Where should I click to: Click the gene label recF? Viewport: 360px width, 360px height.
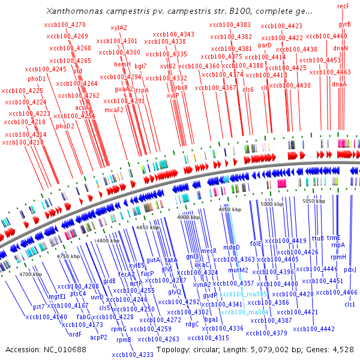tap(343, 5)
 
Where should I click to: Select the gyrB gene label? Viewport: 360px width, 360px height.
tap(344, 23)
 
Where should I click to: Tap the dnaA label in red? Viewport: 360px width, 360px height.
tap(339, 84)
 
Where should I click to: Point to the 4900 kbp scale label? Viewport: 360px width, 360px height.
tap(190, 217)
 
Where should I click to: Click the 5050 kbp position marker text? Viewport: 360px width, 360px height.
tap(314, 201)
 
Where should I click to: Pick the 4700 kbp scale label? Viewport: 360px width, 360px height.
tap(30, 274)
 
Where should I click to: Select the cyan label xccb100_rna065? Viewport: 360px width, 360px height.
tap(243, 294)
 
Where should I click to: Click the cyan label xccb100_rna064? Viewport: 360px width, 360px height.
tap(244, 313)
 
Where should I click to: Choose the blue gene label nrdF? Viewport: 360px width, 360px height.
tap(74, 334)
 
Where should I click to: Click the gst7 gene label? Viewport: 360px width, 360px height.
tap(39, 307)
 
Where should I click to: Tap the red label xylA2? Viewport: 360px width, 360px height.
tap(119, 28)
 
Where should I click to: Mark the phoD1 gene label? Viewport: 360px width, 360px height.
tap(37, 79)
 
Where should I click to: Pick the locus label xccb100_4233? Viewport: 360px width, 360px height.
tap(133, 355)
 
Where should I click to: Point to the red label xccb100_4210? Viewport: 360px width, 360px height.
tap(23, 143)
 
